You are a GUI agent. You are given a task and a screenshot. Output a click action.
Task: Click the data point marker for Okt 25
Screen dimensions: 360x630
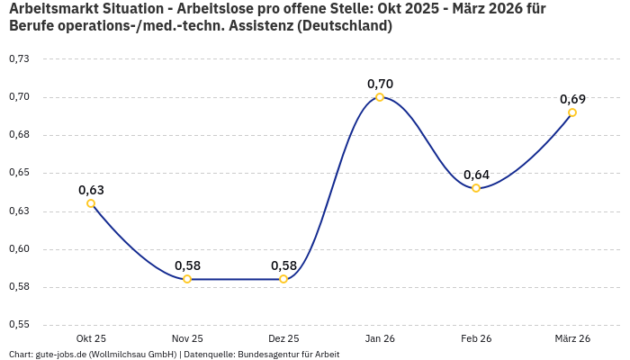(x=91, y=203)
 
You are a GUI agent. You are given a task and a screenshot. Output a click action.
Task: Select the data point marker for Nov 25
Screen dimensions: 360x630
(x=187, y=279)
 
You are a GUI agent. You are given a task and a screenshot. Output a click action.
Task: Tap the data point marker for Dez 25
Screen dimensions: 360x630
(x=283, y=279)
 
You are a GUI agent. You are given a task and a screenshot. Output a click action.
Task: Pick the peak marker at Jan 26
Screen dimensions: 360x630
(x=380, y=97)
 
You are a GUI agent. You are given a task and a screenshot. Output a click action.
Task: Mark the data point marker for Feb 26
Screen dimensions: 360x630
(x=476, y=188)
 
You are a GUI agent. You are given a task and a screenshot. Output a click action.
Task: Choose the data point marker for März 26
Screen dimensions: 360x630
(x=572, y=112)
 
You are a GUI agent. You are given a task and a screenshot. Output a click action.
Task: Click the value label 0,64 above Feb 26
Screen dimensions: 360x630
(x=476, y=175)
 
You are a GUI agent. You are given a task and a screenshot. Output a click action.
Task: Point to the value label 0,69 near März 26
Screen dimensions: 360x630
(x=572, y=99)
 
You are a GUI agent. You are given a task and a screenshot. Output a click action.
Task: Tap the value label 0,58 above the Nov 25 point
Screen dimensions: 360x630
(x=187, y=265)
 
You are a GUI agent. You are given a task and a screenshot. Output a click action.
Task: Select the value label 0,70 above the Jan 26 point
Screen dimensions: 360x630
(x=380, y=84)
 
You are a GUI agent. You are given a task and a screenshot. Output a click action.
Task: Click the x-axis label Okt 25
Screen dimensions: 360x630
(x=91, y=338)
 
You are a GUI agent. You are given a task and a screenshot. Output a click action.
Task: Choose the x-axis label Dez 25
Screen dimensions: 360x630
(x=283, y=338)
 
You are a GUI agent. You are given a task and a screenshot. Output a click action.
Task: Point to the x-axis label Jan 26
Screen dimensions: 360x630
(x=380, y=338)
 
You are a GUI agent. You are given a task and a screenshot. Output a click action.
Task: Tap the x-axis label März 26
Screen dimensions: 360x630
(x=572, y=338)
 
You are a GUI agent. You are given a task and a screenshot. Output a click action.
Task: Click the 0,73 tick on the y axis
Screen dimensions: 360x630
(x=19, y=58)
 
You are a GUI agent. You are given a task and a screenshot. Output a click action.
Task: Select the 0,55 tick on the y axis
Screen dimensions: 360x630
(x=19, y=325)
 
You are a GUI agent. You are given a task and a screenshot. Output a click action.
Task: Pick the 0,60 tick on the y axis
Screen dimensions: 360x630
(x=19, y=249)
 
